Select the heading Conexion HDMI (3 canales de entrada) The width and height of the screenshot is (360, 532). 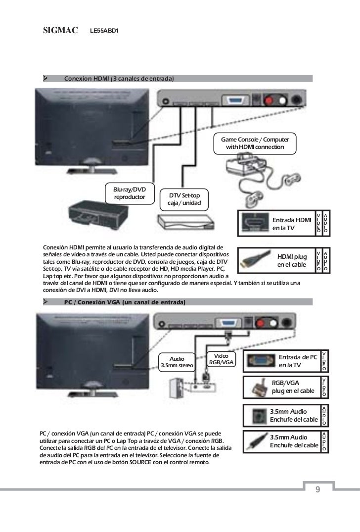(119, 78)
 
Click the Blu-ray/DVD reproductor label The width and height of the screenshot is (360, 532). (129, 193)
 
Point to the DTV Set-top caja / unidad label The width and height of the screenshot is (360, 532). (185, 200)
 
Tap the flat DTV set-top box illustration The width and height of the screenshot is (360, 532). (185, 221)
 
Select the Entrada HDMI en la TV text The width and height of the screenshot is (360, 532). (292, 224)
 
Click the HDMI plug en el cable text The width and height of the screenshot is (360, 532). (292, 260)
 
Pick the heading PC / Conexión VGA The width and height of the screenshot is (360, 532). (124, 302)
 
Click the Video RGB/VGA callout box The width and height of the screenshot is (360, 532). (222, 359)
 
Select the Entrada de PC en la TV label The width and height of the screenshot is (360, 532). (298, 361)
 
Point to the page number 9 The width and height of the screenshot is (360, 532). (317, 489)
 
